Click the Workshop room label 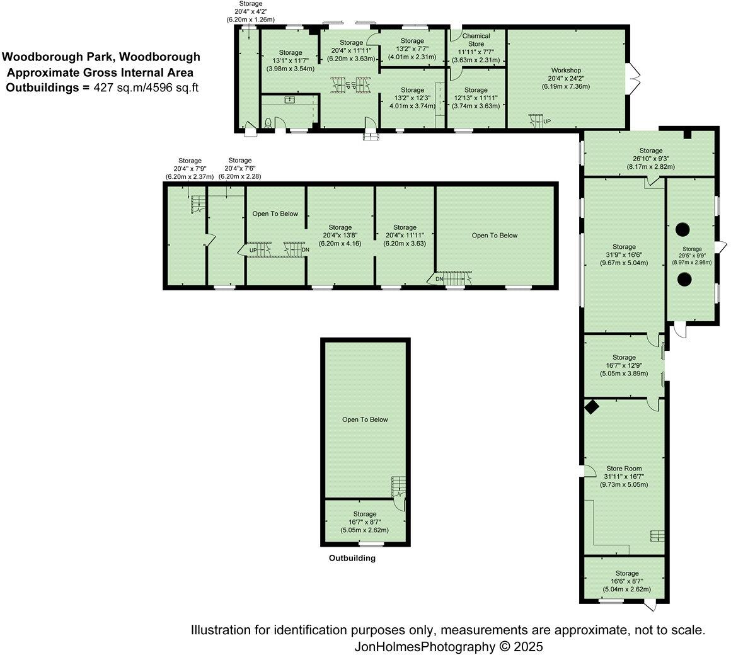565,70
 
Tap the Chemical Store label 476,40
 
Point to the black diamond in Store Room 591,407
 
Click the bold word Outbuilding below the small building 352,558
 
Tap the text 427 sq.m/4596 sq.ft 146,88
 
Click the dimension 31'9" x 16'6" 624,255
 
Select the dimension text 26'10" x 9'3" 650,159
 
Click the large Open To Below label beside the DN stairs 494,235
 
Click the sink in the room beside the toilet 291,100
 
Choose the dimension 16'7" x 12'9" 624,365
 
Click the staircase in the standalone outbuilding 398,486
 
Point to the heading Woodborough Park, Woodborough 101,57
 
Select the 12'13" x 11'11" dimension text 476,98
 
